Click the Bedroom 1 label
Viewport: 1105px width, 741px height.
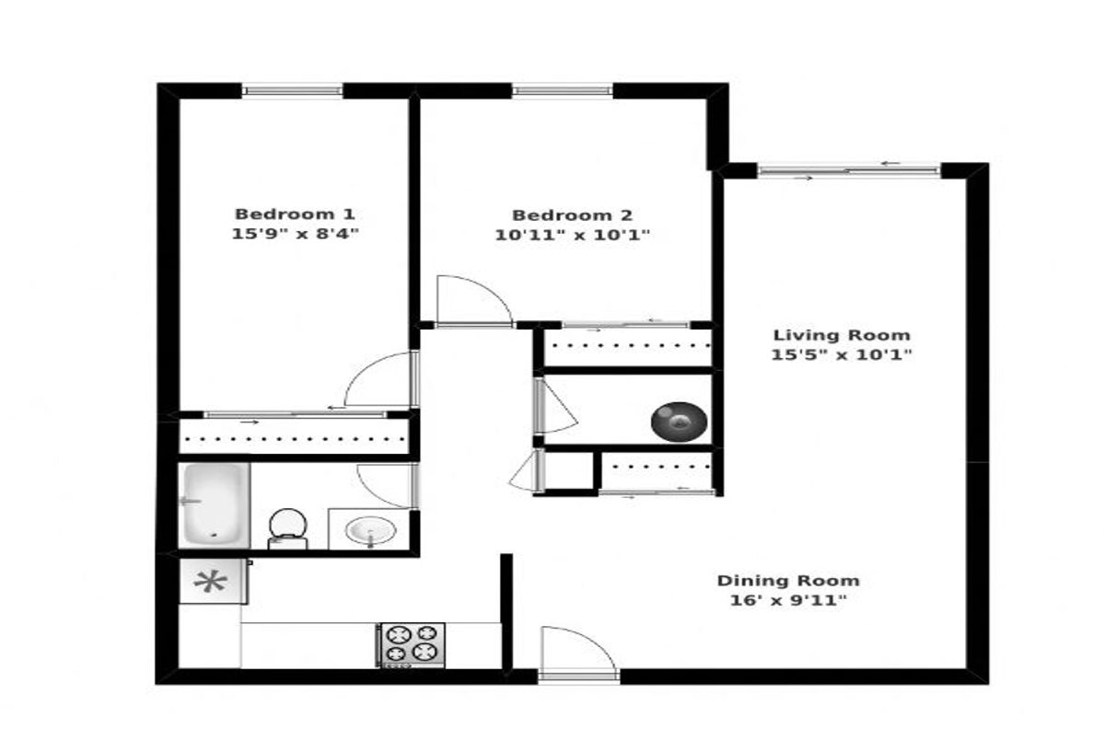[x=295, y=214]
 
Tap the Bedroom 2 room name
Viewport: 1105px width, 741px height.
[x=572, y=215]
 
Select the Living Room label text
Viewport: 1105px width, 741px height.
[x=842, y=335]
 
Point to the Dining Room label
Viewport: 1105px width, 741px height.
[x=788, y=581]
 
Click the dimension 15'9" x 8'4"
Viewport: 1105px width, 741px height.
[x=295, y=234]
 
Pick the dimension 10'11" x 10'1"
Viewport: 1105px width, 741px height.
[x=572, y=235]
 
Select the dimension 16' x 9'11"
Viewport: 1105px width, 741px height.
[x=788, y=600]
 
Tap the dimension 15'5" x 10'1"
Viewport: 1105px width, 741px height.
[x=842, y=354]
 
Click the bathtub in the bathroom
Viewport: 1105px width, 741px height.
[x=214, y=504]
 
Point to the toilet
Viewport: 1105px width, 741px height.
[x=288, y=529]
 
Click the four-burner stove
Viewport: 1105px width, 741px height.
[x=412, y=645]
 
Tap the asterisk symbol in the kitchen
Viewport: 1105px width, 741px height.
[x=211, y=583]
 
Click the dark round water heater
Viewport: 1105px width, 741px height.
[x=679, y=422]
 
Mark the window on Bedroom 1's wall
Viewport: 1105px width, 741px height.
[x=292, y=91]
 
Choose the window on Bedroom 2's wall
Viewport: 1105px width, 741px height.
[x=563, y=91]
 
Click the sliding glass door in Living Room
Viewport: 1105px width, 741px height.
[x=849, y=171]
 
